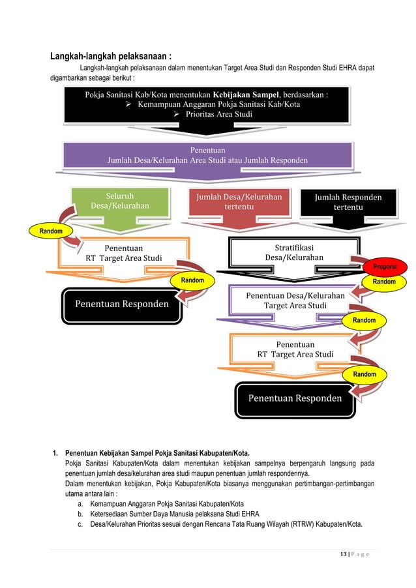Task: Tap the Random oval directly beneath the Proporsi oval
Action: point(383,282)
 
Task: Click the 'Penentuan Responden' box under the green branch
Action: point(122,304)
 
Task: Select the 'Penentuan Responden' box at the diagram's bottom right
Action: point(295,398)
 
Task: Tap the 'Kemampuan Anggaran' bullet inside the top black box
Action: point(218,104)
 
